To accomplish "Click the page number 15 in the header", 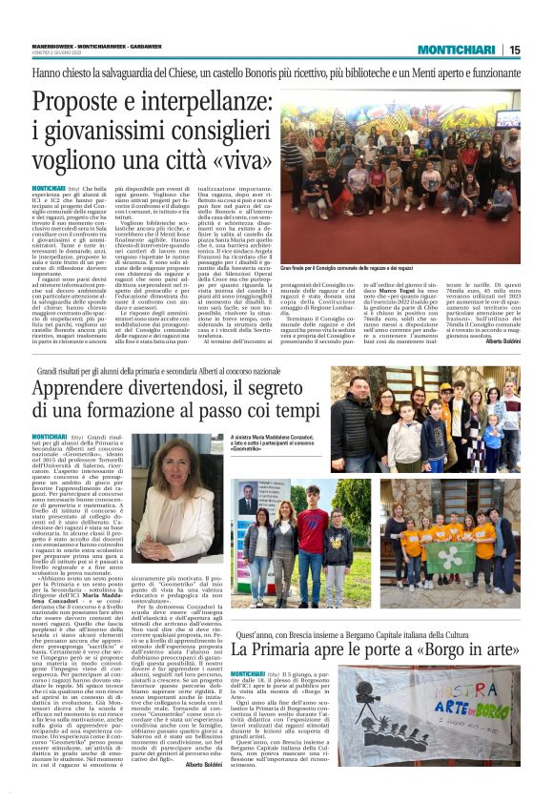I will click(x=541, y=50).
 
